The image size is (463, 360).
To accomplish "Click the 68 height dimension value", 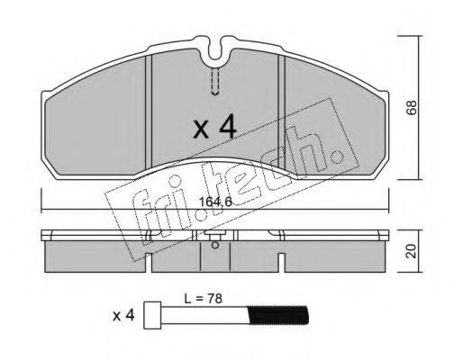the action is click(x=412, y=107).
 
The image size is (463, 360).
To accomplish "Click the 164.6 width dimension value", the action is click(x=215, y=202).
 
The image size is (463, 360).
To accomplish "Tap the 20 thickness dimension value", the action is click(x=412, y=251).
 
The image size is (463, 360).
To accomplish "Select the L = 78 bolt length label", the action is click(x=204, y=299).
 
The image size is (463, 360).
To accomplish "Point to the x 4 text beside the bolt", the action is click(x=123, y=316).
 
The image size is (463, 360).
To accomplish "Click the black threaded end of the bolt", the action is click(x=278, y=315).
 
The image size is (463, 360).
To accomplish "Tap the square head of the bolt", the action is click(x=152, y=315).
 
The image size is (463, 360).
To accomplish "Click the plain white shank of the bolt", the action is click(x=204, y=315).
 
